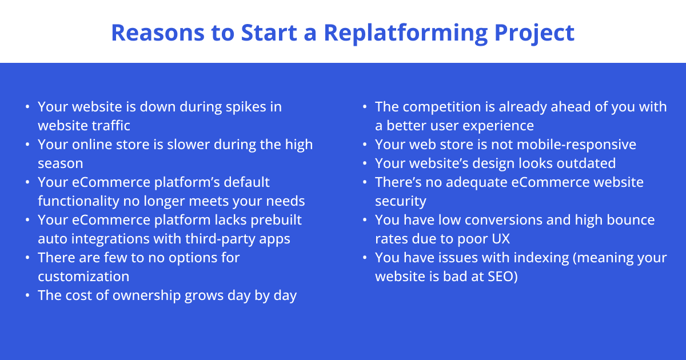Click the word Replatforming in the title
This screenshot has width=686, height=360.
[x=405, y=33]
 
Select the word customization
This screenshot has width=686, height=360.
[x=83, y=277]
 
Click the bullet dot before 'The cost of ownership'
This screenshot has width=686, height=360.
[x=28, y=296]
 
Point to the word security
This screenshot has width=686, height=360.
[x=400, y=201]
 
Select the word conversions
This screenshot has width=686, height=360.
[x=480, y=220]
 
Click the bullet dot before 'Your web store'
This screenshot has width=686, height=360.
[x=365, y=145]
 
